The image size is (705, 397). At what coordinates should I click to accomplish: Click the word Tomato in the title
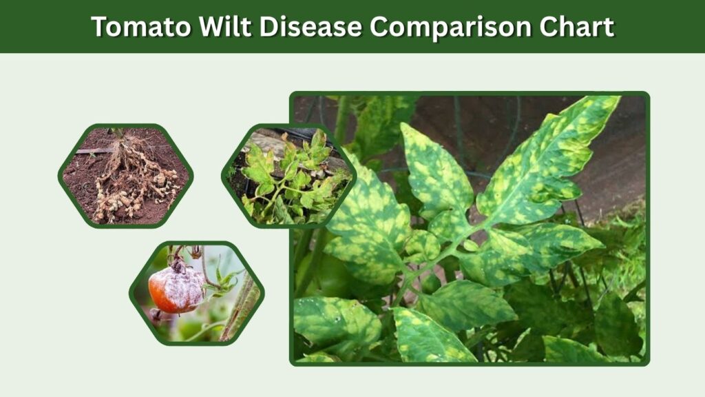[141, 26]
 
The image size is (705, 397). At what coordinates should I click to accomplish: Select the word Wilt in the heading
[225, 26]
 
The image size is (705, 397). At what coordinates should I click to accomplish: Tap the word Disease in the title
[311, 26]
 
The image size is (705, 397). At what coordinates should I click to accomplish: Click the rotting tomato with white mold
[176, 289]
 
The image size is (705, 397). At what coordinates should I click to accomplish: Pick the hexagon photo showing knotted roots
[125, 176]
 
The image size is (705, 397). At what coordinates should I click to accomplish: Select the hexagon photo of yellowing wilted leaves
[288, 176]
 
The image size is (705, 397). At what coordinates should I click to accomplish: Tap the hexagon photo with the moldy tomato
[197, 294]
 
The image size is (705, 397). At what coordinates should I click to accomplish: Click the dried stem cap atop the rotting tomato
[178, 265]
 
